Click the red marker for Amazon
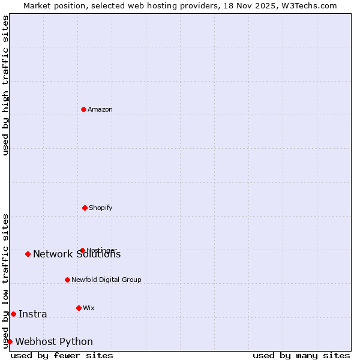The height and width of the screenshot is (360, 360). [83, 109]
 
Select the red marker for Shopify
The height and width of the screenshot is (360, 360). [85, 208]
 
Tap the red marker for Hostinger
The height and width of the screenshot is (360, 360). [82, 250]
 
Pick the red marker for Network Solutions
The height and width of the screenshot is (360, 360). [28, 254]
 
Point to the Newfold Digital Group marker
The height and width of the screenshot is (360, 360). [67, 280]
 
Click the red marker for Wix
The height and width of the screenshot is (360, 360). [79, 308]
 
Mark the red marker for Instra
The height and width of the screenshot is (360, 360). [13, 314]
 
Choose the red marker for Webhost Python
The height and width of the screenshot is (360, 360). [10, 341]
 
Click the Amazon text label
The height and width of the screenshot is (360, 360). [100, 109]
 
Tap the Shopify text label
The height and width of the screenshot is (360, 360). [101, 208]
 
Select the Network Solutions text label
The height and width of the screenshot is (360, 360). [77, 254]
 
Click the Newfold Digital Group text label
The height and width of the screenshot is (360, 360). [106, 280]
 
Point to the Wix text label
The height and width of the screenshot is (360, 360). [89, 308]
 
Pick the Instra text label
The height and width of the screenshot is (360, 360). [33, 314]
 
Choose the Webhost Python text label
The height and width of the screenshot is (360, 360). [54, 342]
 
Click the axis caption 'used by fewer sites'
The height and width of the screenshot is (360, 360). [62, 355]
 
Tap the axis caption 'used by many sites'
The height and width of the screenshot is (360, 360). [301, 355]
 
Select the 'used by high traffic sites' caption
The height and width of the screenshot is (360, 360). [6, 85]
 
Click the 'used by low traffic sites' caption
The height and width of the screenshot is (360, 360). [6, 281]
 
